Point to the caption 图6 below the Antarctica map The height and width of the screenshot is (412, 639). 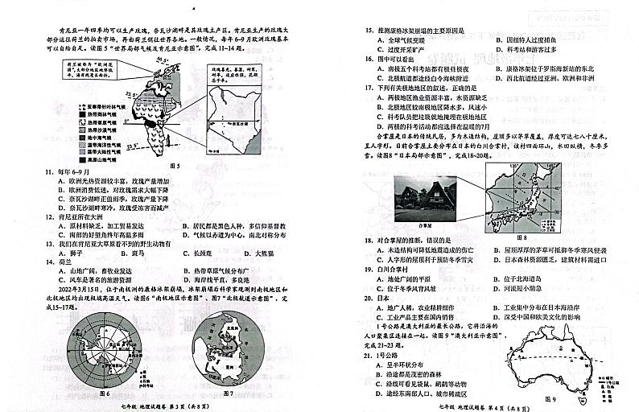[x=103, y=393]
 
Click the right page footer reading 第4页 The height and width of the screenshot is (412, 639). [x=468, y=406]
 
